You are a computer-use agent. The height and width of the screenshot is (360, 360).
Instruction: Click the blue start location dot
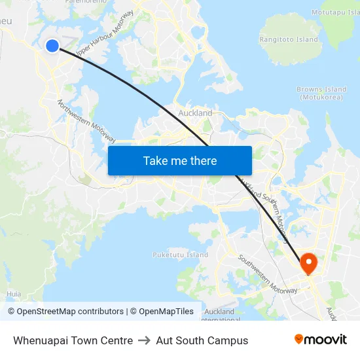[52, 45]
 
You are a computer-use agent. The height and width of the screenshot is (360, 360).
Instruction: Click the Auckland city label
[195, 113]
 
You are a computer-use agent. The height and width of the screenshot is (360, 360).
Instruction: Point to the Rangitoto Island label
[289, 39]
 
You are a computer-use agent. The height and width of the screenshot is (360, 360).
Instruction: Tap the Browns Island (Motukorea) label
[321, 93]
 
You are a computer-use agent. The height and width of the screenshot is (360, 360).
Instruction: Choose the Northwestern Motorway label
[86, 122]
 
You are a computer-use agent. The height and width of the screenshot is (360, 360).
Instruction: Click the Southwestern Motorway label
[267, 273]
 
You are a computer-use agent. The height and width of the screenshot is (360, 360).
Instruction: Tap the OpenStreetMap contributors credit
[65, 312]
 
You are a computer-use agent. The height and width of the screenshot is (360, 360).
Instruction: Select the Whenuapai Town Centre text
[73, 340]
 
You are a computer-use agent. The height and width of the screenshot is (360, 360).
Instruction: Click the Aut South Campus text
[202, 340]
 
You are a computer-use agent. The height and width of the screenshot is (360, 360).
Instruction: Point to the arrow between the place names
[145, 340]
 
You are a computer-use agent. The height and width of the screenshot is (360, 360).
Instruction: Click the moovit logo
[320, 339]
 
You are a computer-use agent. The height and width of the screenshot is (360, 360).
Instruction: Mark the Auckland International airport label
[219, 315]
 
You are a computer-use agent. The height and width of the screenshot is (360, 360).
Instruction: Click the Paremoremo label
[85, 2]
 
